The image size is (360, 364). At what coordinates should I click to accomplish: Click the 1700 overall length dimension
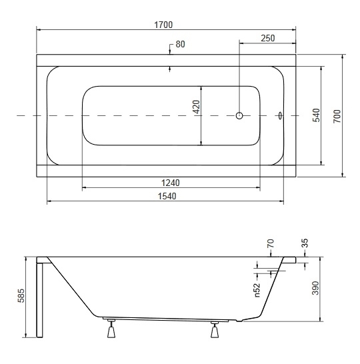coord(163,25)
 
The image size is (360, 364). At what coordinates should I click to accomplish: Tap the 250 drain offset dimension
coord(268,38)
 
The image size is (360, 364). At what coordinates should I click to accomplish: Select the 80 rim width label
coord(181,45)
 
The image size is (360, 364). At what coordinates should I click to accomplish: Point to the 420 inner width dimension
coord(197,107)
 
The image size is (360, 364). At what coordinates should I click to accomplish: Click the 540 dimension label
coord(316,115)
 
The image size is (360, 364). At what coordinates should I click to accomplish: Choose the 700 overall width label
coord(337,116)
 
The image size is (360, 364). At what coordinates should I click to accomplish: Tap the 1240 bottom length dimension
coord(171,183)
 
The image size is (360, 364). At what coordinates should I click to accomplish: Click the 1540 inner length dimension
coord(167,197)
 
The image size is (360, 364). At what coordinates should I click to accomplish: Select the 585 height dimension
coord(21,296)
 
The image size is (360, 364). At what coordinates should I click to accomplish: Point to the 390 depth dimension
coord(315,288)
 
